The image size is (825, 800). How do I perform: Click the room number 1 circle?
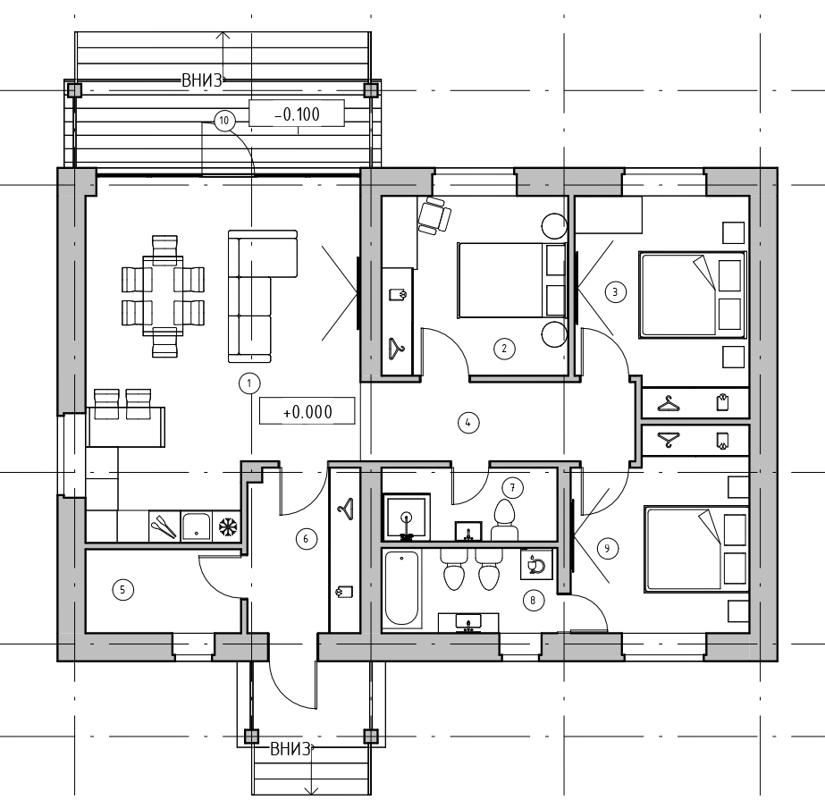(249, 383)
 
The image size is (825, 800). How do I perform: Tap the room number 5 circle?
(122, 589)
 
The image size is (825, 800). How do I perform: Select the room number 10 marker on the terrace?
(224, 121)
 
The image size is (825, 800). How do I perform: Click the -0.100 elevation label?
(297, 114)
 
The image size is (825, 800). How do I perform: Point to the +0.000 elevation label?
(307, 411)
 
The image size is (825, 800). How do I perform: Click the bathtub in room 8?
(402, 588)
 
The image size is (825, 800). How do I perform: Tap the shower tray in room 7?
(406, 517)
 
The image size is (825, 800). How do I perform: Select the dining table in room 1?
(163, 295)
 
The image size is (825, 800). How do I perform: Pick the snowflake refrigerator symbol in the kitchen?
(228, 526)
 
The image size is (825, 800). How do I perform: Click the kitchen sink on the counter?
(197, 526)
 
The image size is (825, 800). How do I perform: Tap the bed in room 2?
(511, 280)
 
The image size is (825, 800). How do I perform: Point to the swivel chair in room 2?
(434, 215)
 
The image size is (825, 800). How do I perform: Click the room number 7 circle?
(512, 487)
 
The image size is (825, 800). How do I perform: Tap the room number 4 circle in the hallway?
(468, 422)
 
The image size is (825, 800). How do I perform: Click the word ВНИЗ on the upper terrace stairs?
(202, 80)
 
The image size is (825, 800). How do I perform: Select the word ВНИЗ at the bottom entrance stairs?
(290, 749)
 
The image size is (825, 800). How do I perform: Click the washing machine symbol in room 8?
(536, 565)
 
